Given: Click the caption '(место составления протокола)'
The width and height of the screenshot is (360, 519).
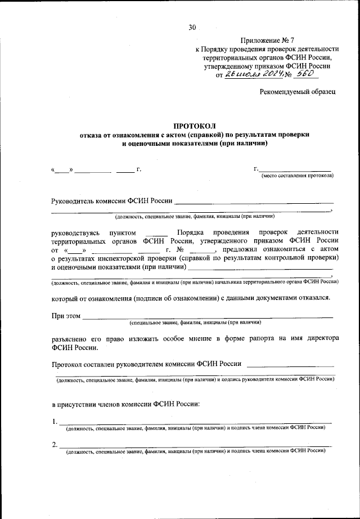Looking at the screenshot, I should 296,176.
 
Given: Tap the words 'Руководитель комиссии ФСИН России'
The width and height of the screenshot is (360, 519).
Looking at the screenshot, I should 111,200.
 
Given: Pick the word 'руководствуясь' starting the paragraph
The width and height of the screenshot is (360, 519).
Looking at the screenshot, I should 75,232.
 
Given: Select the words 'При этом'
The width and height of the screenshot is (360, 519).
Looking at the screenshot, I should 66,316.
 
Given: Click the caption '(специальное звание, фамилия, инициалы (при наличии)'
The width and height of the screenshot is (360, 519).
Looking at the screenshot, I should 195,324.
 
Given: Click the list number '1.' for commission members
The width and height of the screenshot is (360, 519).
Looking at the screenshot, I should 54,421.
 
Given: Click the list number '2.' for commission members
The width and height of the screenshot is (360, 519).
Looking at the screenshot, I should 54,445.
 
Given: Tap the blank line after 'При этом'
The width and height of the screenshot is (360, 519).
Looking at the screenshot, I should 208,317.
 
